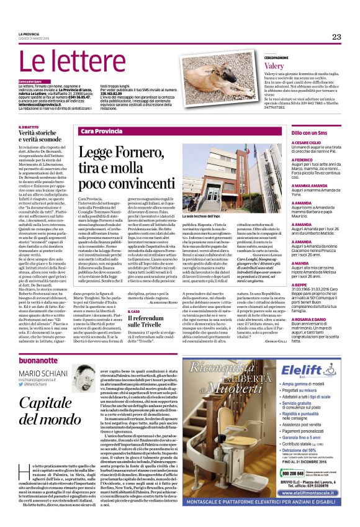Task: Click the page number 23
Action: [336, 37]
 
